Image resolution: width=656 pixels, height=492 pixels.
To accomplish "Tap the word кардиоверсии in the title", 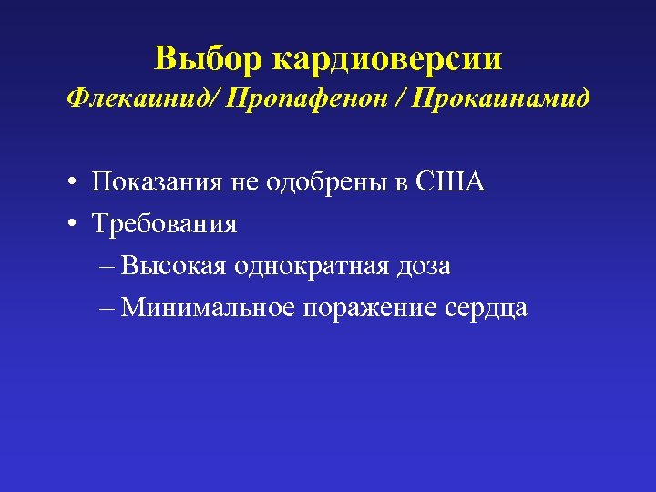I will pos(387,60).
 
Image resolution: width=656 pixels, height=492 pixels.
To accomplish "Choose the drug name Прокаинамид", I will pos(501,97).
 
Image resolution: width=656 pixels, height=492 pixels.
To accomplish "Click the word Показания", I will pos(157,182).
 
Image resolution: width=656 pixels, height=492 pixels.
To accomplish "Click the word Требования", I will pos(164,224).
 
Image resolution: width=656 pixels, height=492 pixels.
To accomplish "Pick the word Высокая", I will pos(174,266).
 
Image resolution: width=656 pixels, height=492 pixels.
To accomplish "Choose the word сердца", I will pos(487,309).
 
